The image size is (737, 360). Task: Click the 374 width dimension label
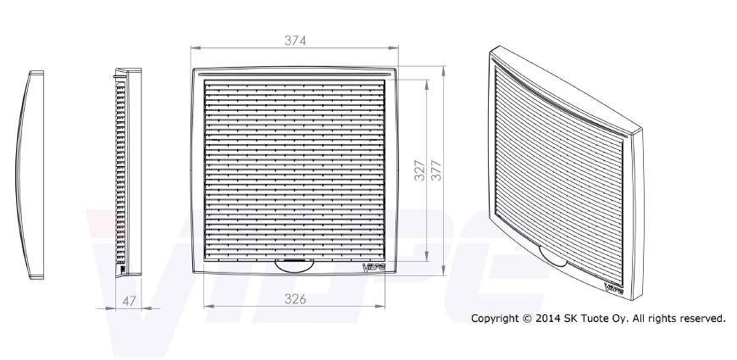point(295,41)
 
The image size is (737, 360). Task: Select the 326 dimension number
point(295,299)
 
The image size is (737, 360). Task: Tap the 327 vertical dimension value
point(419,170)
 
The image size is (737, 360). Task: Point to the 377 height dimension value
point(436,170)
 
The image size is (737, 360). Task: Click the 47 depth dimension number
point(130,302)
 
